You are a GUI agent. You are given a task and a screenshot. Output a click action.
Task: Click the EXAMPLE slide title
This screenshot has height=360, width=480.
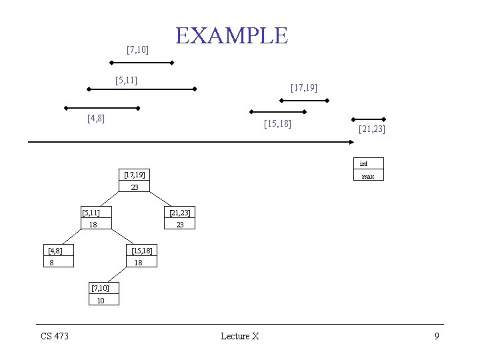click(x=231, y=35)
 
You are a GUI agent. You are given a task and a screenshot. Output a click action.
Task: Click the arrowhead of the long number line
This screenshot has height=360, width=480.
click(x=351, y=142)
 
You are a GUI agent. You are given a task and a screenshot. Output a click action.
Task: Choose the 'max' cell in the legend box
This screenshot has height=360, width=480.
click(x=368, y=176)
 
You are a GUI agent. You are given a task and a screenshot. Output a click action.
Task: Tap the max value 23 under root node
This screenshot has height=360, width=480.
click(x=135, y=187)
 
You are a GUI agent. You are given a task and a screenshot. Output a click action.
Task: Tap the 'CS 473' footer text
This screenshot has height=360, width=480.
click(x=55, y=336)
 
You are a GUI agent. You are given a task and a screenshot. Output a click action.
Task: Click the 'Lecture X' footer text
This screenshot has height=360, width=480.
click(x=240, y=336)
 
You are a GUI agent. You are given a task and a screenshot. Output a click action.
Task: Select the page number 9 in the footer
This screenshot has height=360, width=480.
click(x=437, y=336)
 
